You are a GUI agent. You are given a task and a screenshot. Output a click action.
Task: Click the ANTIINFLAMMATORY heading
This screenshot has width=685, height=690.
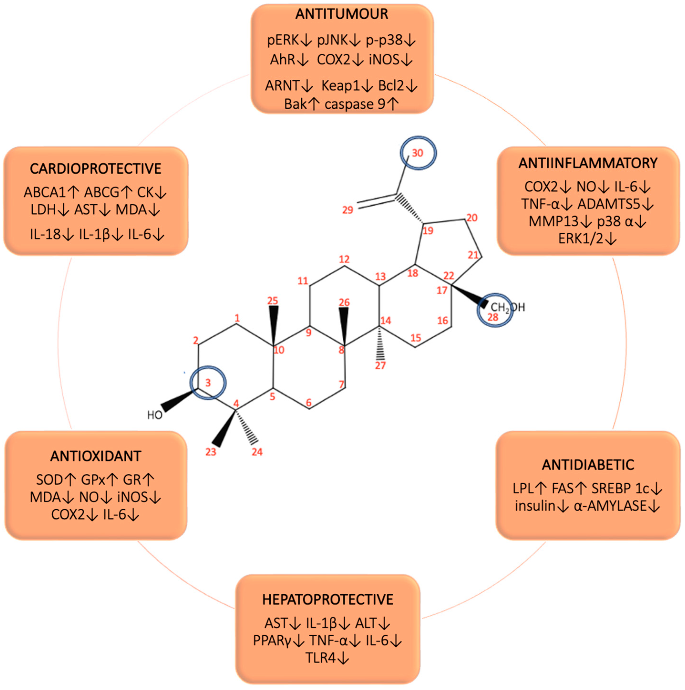(x=587, y=163)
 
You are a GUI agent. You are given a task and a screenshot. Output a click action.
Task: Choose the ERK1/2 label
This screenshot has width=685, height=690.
(x=580, y=239)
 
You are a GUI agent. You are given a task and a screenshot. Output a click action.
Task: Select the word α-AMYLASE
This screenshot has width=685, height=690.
(x=610, y=506)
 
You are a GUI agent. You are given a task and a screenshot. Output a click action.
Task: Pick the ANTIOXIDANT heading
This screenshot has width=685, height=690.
(x=96, y=456)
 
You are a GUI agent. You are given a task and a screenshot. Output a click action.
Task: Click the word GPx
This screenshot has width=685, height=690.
(x=93, y=480)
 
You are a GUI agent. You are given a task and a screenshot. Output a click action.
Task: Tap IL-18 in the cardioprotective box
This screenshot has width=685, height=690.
(x=45, y=234)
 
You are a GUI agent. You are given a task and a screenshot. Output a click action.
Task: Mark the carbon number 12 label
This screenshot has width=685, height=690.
(x=344, y=259)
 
